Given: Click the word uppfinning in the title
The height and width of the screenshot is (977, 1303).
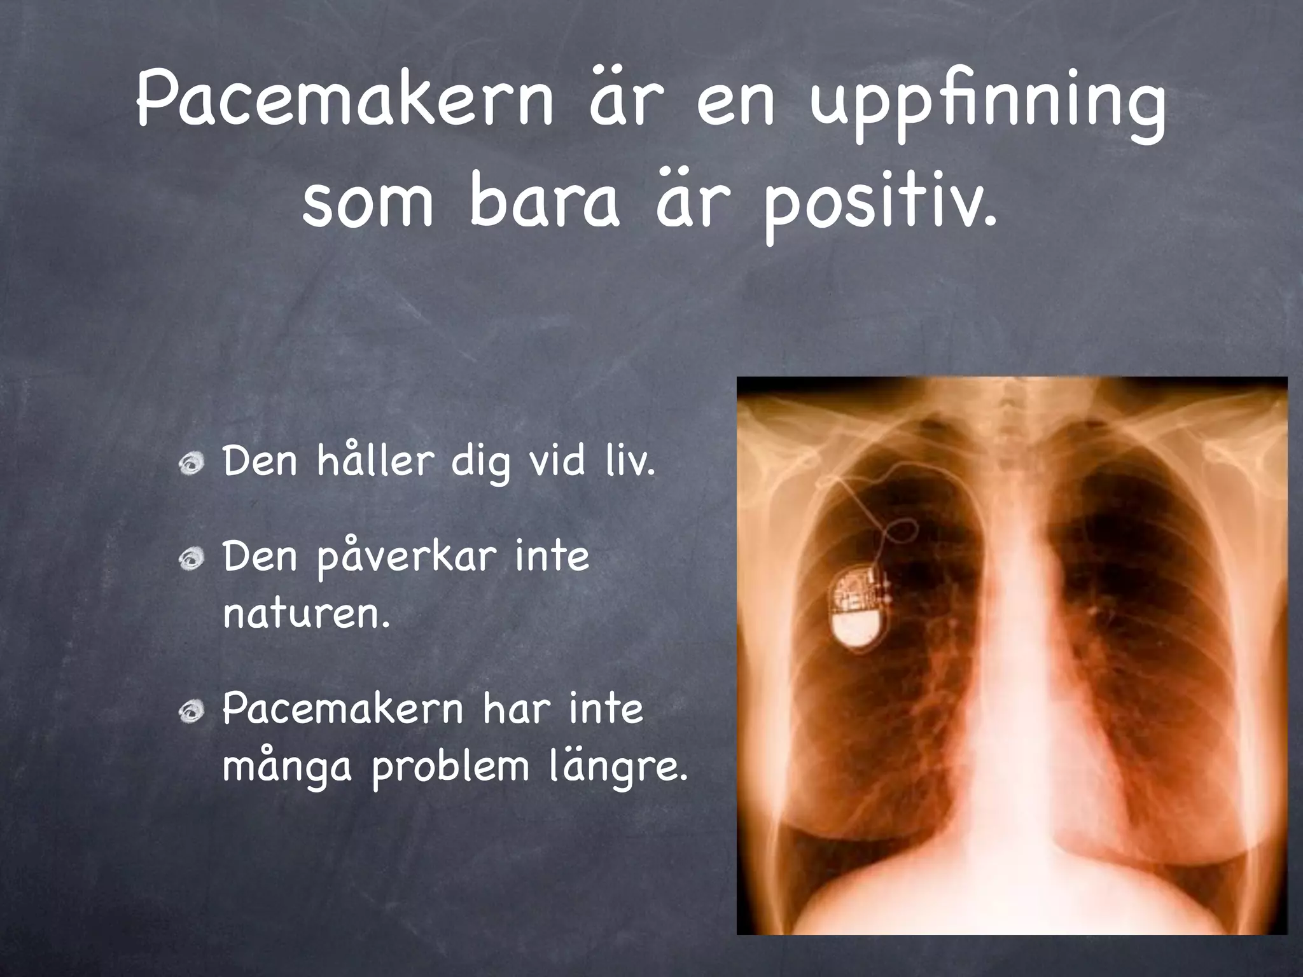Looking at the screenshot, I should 988,108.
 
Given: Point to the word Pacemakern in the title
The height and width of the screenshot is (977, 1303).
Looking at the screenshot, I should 344,102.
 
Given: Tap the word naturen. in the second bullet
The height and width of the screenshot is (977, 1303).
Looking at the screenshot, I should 306,614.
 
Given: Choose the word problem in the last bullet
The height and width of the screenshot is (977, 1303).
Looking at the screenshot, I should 450,767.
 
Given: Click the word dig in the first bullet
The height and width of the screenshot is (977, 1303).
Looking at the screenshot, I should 480,462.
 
